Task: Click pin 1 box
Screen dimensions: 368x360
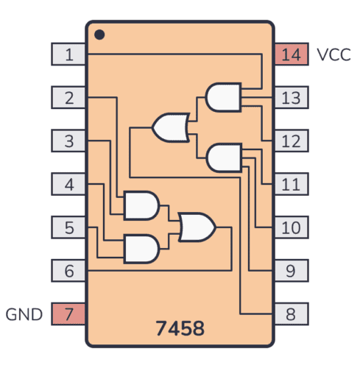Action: (68, 54)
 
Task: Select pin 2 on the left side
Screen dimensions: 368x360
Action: (68, 97)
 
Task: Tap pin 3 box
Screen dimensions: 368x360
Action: (68, 141)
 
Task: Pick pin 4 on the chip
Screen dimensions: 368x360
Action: (68, 184)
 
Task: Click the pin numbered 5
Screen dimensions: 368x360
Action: (68, 227)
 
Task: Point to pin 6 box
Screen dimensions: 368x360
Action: (68, 271)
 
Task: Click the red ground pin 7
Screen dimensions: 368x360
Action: (68, 314)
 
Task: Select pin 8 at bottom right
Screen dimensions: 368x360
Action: (291, 314)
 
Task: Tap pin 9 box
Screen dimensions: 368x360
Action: (291, 271)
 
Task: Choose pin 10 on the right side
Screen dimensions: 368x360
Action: (291, 227)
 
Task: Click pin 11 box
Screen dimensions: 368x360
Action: (291, 184)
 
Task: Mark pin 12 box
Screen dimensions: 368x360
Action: (291, 141)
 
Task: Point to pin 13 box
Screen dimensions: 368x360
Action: (291, 97)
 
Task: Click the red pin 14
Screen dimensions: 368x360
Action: (291, 54)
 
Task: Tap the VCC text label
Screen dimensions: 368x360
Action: (333, 54)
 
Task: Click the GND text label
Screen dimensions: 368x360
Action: (25, 315)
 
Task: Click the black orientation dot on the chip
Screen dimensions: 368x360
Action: (100, 35)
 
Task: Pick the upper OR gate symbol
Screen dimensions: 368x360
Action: (170, 127)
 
